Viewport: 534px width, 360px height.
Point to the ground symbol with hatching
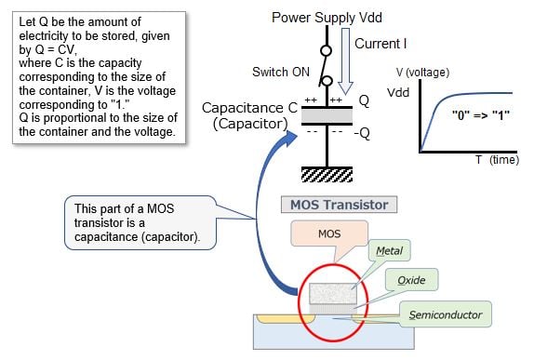[325, 173]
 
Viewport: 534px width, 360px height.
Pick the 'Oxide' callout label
[410, 280]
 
